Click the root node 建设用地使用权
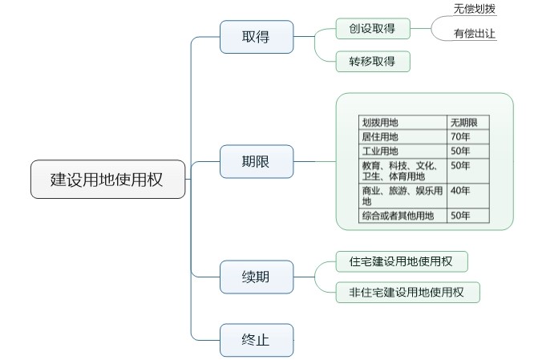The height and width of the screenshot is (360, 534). tap(107, 180)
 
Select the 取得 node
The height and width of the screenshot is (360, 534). tap(256, 37)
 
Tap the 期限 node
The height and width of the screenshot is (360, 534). tap(256, 162)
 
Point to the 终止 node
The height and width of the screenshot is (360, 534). tap(256, 340)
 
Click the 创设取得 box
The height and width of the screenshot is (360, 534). tap(373, 30)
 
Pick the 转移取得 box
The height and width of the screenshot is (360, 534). tap(373, 62)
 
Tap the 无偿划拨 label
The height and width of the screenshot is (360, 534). tap(475, 9)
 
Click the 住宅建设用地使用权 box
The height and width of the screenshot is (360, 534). tap(401, 261)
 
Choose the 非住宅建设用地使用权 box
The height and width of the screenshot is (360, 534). tap(407, 292)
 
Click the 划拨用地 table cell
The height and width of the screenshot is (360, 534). tap(403, 123)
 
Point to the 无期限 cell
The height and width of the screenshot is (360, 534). tap(467, 123)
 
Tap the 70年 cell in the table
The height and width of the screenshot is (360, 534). tap(467, 137)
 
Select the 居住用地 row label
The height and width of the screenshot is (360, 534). tap(403, 137)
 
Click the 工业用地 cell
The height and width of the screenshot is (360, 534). tap(403, 152)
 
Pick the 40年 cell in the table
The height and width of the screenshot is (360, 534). tap(467, 191)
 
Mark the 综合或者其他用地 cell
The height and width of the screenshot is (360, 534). tap(403, 215)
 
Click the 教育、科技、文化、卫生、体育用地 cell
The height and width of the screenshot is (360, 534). tap(403, 171)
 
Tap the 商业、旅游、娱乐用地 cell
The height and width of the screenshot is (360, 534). tap(403, 196)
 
